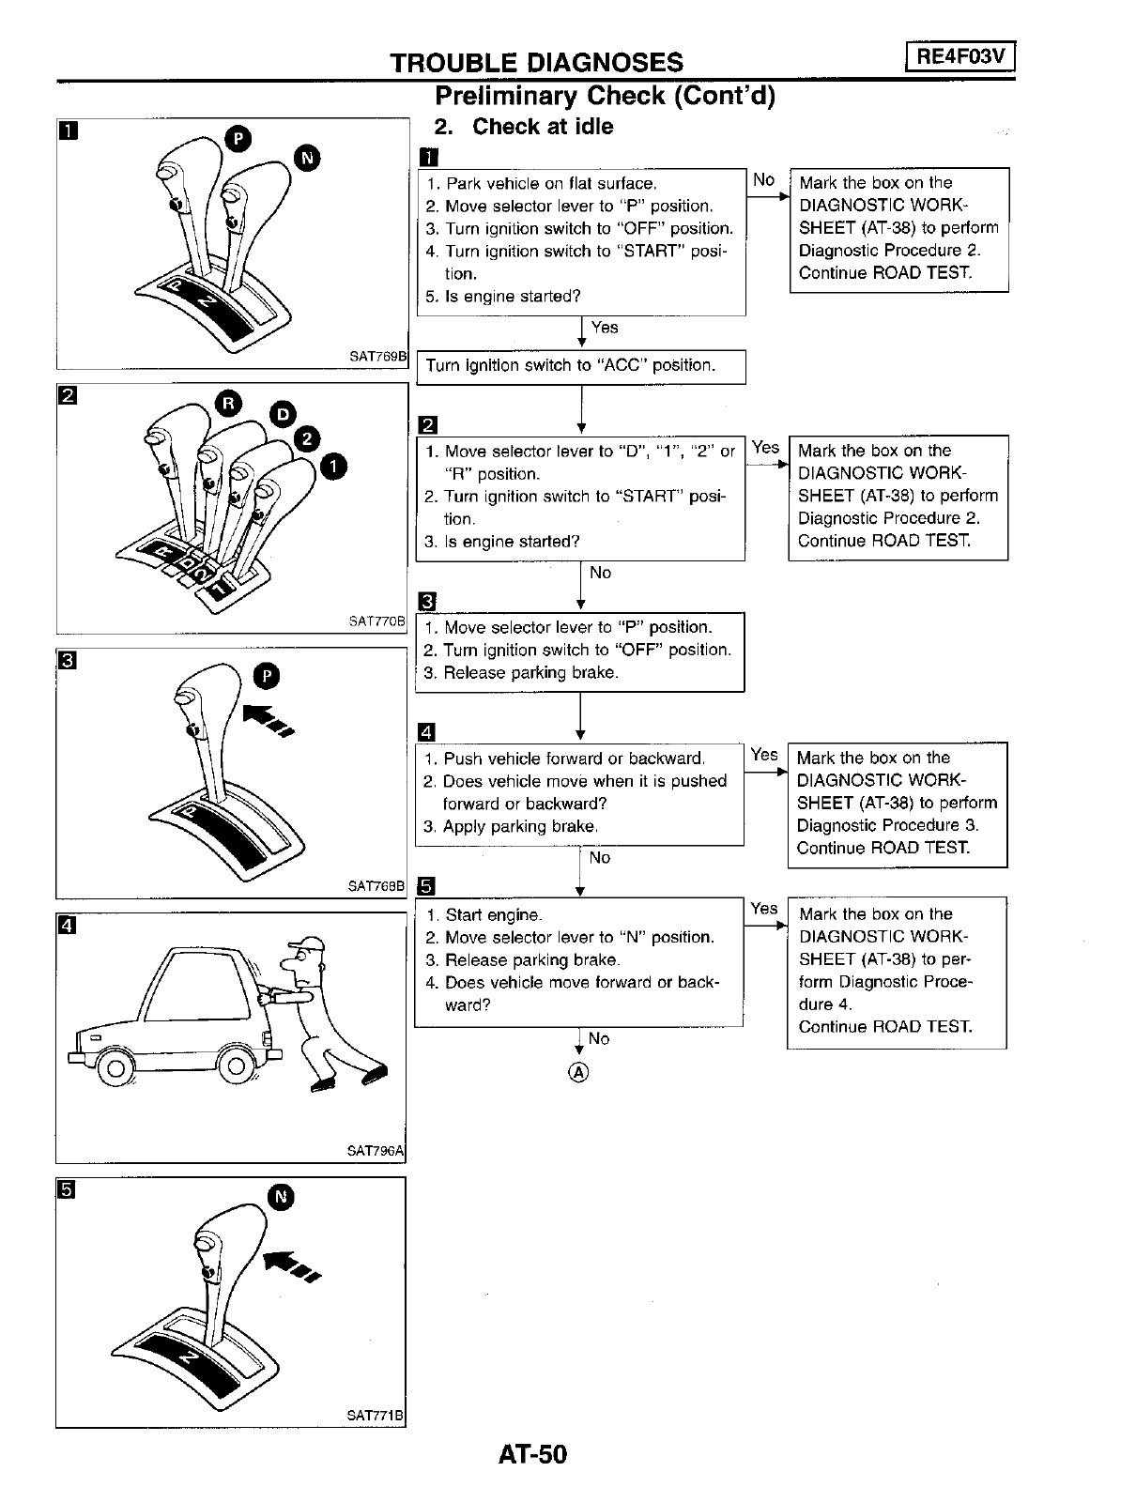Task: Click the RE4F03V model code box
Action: (959, 57)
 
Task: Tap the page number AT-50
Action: (533, 1454)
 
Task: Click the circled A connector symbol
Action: (578, 1072)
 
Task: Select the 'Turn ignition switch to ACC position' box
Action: (580, 366)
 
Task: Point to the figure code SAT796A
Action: (376, 1150)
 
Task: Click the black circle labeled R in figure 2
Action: (228, 404)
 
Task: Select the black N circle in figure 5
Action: (281, 1197)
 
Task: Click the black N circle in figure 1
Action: (307, 158)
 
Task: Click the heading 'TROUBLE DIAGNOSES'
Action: (536, 62)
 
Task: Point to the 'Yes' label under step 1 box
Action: (605, 327)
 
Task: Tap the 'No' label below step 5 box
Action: (598, 1038)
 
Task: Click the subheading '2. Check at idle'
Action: (523, 127)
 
